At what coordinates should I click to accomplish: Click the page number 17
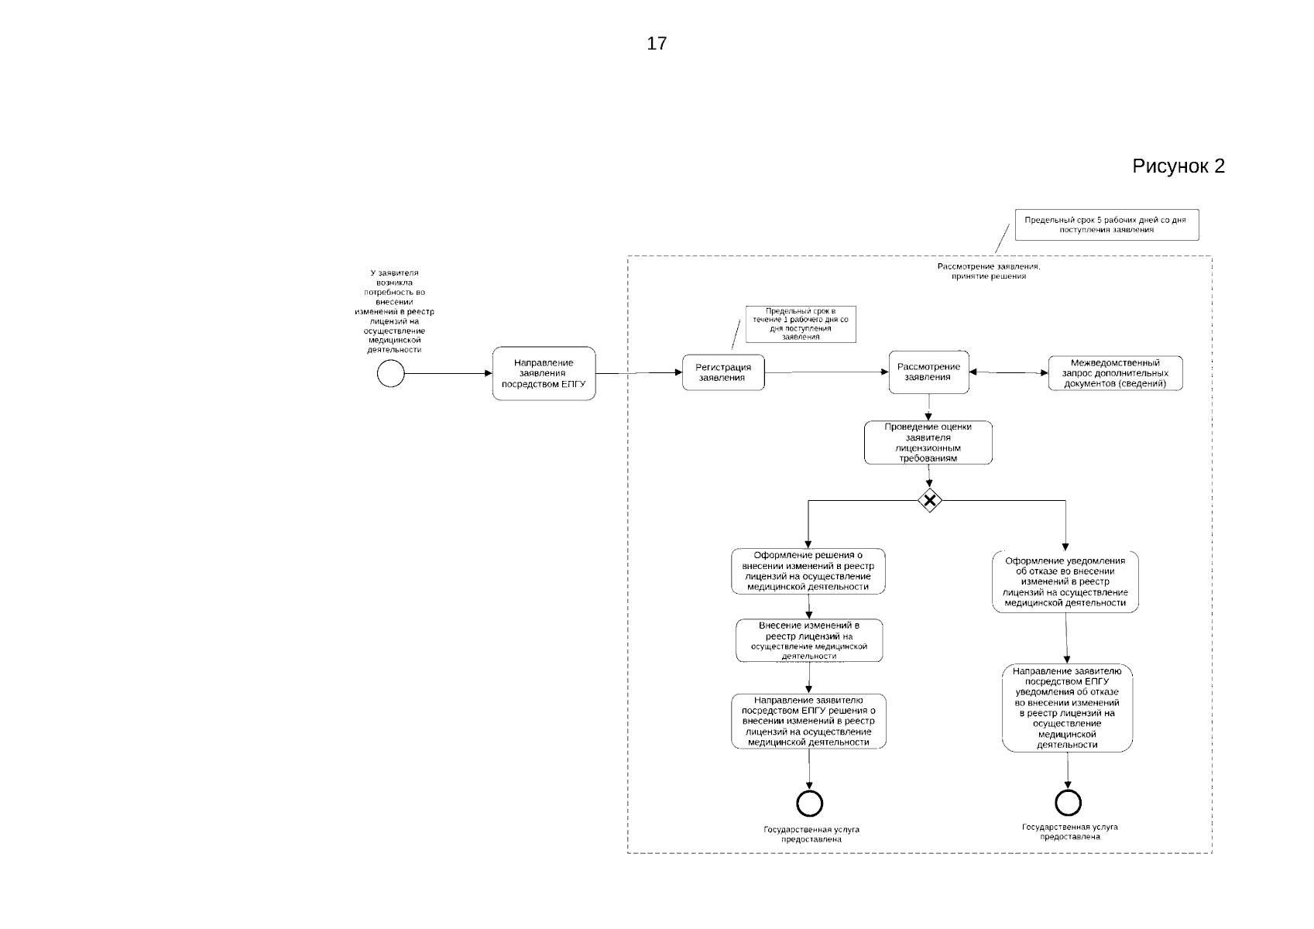(657, 44)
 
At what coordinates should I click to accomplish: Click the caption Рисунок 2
(1178, 166)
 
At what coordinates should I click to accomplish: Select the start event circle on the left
(391, 374)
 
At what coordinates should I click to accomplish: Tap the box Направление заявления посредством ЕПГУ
(544, 373)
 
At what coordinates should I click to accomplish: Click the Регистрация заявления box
(723, 372)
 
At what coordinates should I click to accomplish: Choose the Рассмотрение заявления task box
(928, 372)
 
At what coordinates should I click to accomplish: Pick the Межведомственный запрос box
(1115, 373)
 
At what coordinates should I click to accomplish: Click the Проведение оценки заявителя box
(928, 443)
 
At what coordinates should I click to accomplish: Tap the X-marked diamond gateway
(929, 501)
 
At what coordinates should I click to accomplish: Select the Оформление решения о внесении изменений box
(808, 571)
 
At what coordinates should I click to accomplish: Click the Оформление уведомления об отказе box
(1065, 582)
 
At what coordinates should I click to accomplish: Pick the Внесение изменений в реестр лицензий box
(808, 640)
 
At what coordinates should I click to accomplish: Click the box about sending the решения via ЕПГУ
(808, 722)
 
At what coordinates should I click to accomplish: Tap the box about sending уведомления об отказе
(1067, 708)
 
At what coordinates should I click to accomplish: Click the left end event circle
(809, 804)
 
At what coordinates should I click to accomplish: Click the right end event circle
(1068, 803)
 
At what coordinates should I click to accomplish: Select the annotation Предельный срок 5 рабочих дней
(1105, 225)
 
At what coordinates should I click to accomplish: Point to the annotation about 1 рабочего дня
(801, 324)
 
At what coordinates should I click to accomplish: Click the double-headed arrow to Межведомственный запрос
(1008, 372)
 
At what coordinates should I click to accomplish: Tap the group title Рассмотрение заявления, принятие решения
(989, 271)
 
